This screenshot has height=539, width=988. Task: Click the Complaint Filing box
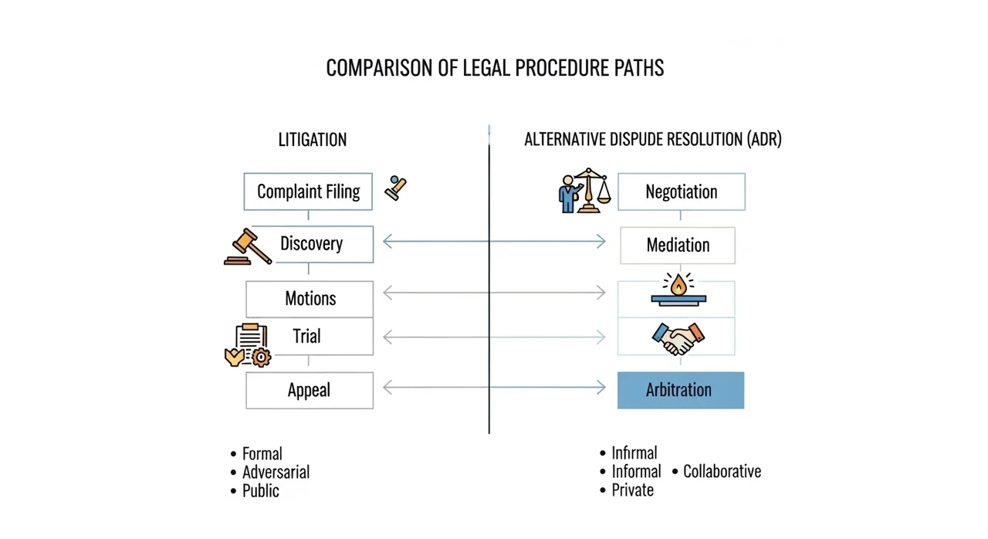(308, 192)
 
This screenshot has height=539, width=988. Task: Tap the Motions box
(310, 299)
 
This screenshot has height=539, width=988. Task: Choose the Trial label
(306, 336)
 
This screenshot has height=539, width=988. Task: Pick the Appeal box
(310, 391)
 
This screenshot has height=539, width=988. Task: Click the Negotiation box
(682, 192)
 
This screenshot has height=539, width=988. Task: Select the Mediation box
(678, 246)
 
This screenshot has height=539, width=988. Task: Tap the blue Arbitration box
(681, 391)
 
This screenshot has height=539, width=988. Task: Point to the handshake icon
(678, 339)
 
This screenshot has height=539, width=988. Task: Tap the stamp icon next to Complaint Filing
(395, 188)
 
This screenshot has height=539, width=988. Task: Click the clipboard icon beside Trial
(248, 345)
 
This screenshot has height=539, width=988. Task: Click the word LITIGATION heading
(313, 140)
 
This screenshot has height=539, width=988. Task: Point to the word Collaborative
(722, 472)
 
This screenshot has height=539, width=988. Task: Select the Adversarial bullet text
(276, 473)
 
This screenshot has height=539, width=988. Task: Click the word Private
(632, 490)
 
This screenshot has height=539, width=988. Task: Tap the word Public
(261, 491)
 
